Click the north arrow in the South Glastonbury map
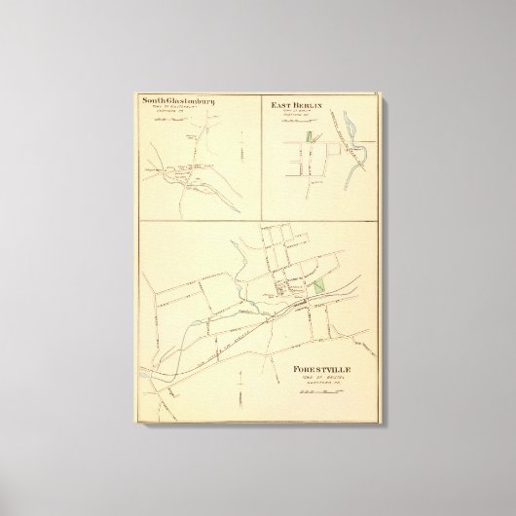240,154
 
